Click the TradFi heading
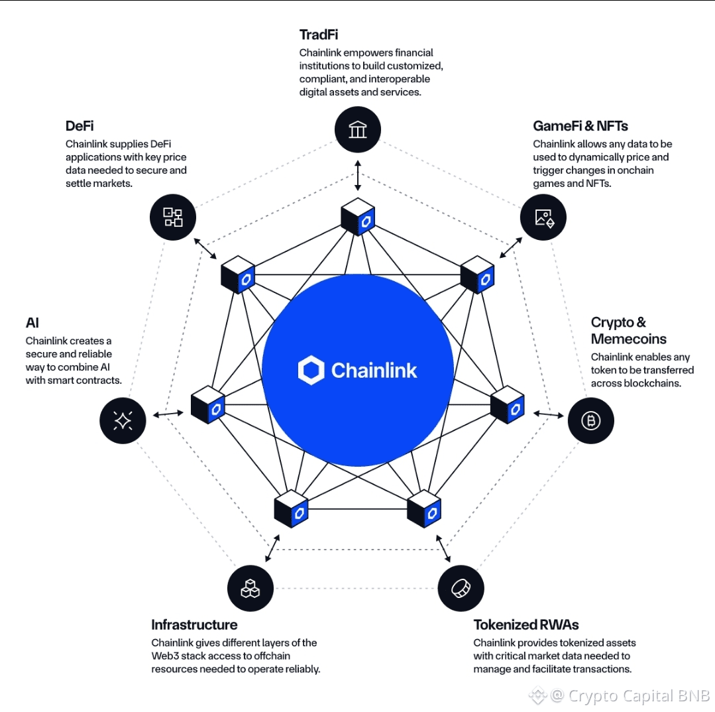pyautogui.click(x=319, y=34)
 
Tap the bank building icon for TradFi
pyautogui.click(x=358, y=129)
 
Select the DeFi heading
pyautogui.click(x=80, y=126)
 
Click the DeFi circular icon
pyautogui.click(x=173, y=217)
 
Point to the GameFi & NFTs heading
pyautogui.click(x=580, y=126)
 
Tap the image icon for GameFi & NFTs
pyautogui.click(x=543, y=217)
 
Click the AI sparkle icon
pyautogui.click(x=123, y=420)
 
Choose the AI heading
pyautogui.click(x=32, y=323)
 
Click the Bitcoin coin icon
pyautogui.click(x=590, y=420)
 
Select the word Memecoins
pyautogui.click(x=628, y=339)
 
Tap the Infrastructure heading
pyautogui.click(x=194, y=624)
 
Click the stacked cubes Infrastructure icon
pyautogui.click(x=250, y=588)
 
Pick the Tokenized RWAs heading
pyautogui.click(x=526, y=624)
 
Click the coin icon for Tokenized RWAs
pyautogui.click(x=461, y=588)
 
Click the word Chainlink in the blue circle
pyautogui.click(x=374, y=370)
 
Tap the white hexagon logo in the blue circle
pyautogui.click(x=311, y=370)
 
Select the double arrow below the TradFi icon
pyautogui.click(x=358, y=175)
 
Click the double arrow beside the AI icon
pyautogui.click(x=168, y=414)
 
